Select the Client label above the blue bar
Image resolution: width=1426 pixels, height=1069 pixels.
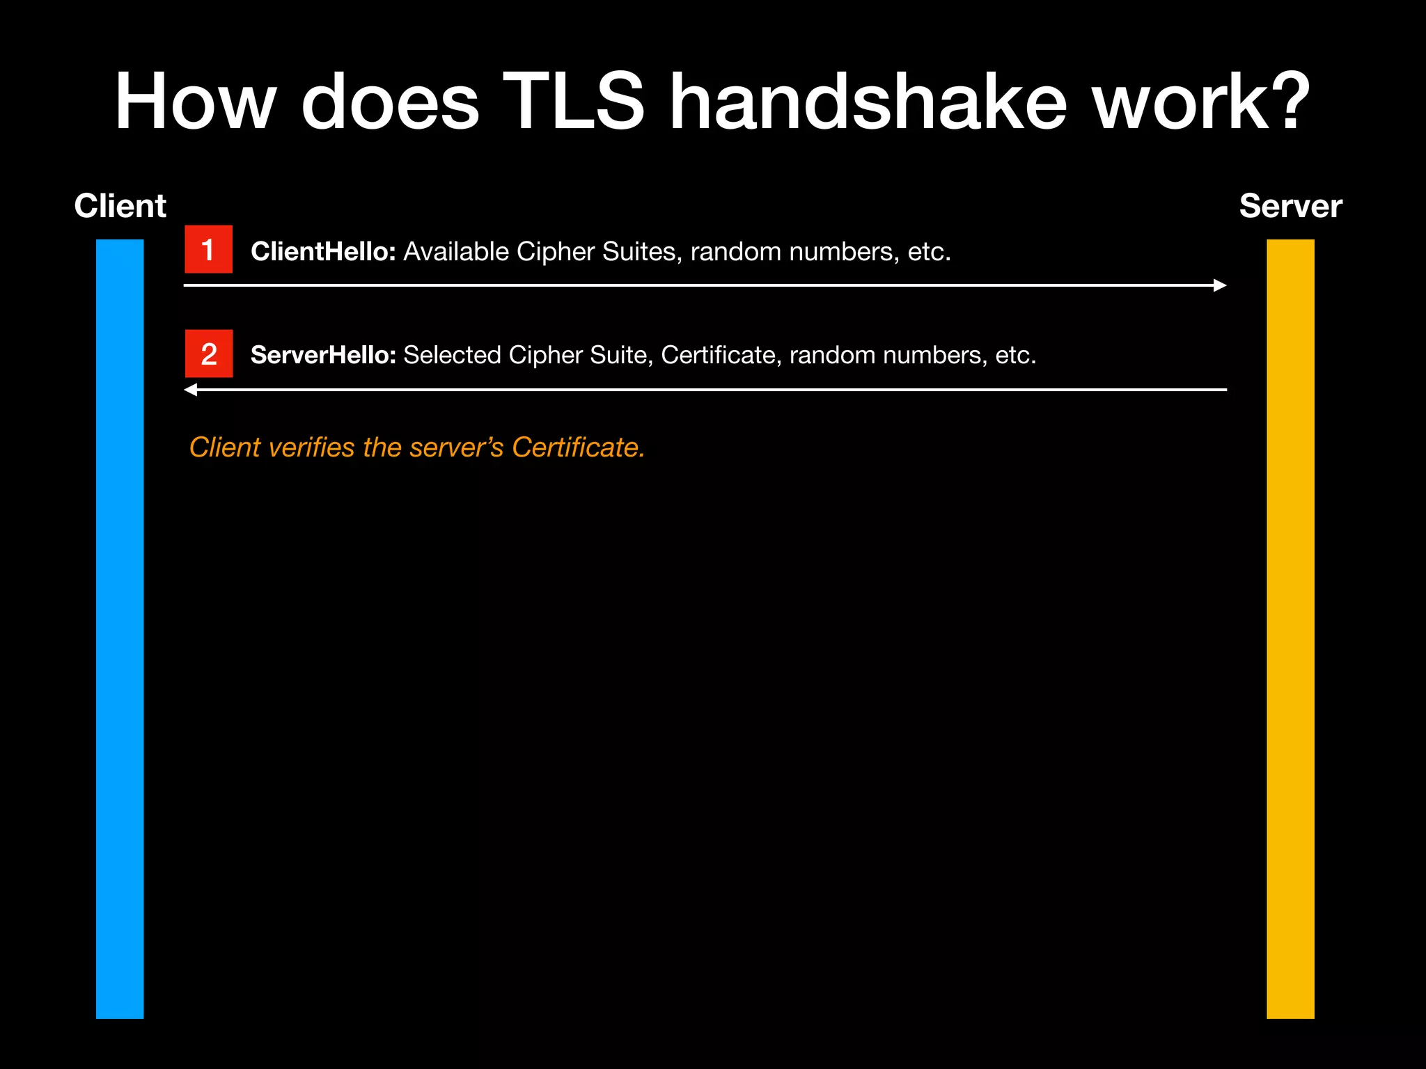click(x=120, y=206)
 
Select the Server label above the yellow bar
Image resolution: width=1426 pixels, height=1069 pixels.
click(x=1290, y=206)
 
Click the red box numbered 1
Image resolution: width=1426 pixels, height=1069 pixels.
click(x=208, y=249)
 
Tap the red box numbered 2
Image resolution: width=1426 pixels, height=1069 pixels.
click(x=209, y=354)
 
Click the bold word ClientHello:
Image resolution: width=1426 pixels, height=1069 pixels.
click(x=323, y=251)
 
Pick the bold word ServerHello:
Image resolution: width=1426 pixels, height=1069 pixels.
click(x=323, y=355)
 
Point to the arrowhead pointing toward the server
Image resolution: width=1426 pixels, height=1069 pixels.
click(x=1220, y=285)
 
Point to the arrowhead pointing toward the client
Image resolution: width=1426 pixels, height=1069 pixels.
click(x=191, y=390)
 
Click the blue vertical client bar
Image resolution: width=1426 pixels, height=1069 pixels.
click(x=120, y=626)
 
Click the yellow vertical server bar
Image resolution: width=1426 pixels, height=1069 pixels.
click(x=1290, y=626)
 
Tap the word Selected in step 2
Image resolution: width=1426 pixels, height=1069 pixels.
click(x=452, y=355)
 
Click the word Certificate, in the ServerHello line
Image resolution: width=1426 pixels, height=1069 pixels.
click(x=721, y=355)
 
